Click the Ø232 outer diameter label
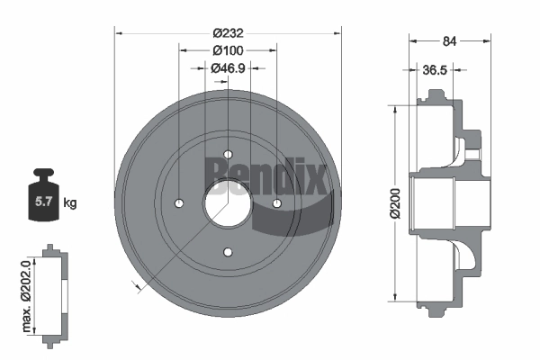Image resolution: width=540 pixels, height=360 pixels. click(x=228, y=33)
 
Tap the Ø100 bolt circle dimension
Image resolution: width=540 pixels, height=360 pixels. click(x=228, y=50)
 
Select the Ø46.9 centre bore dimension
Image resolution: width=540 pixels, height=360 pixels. click(x=228, y=68)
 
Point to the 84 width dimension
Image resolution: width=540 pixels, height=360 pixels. click(x=449, y=41)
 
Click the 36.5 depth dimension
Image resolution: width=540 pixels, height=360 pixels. click(x=435, y=70)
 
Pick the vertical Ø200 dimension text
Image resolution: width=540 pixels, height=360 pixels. click(x=396, y=203)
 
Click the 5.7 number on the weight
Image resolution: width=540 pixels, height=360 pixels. click(x=43, y=202)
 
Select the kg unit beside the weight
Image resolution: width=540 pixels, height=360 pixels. click(x=70, y=202)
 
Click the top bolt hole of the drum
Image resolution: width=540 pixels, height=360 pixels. click(x=228, y=154)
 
